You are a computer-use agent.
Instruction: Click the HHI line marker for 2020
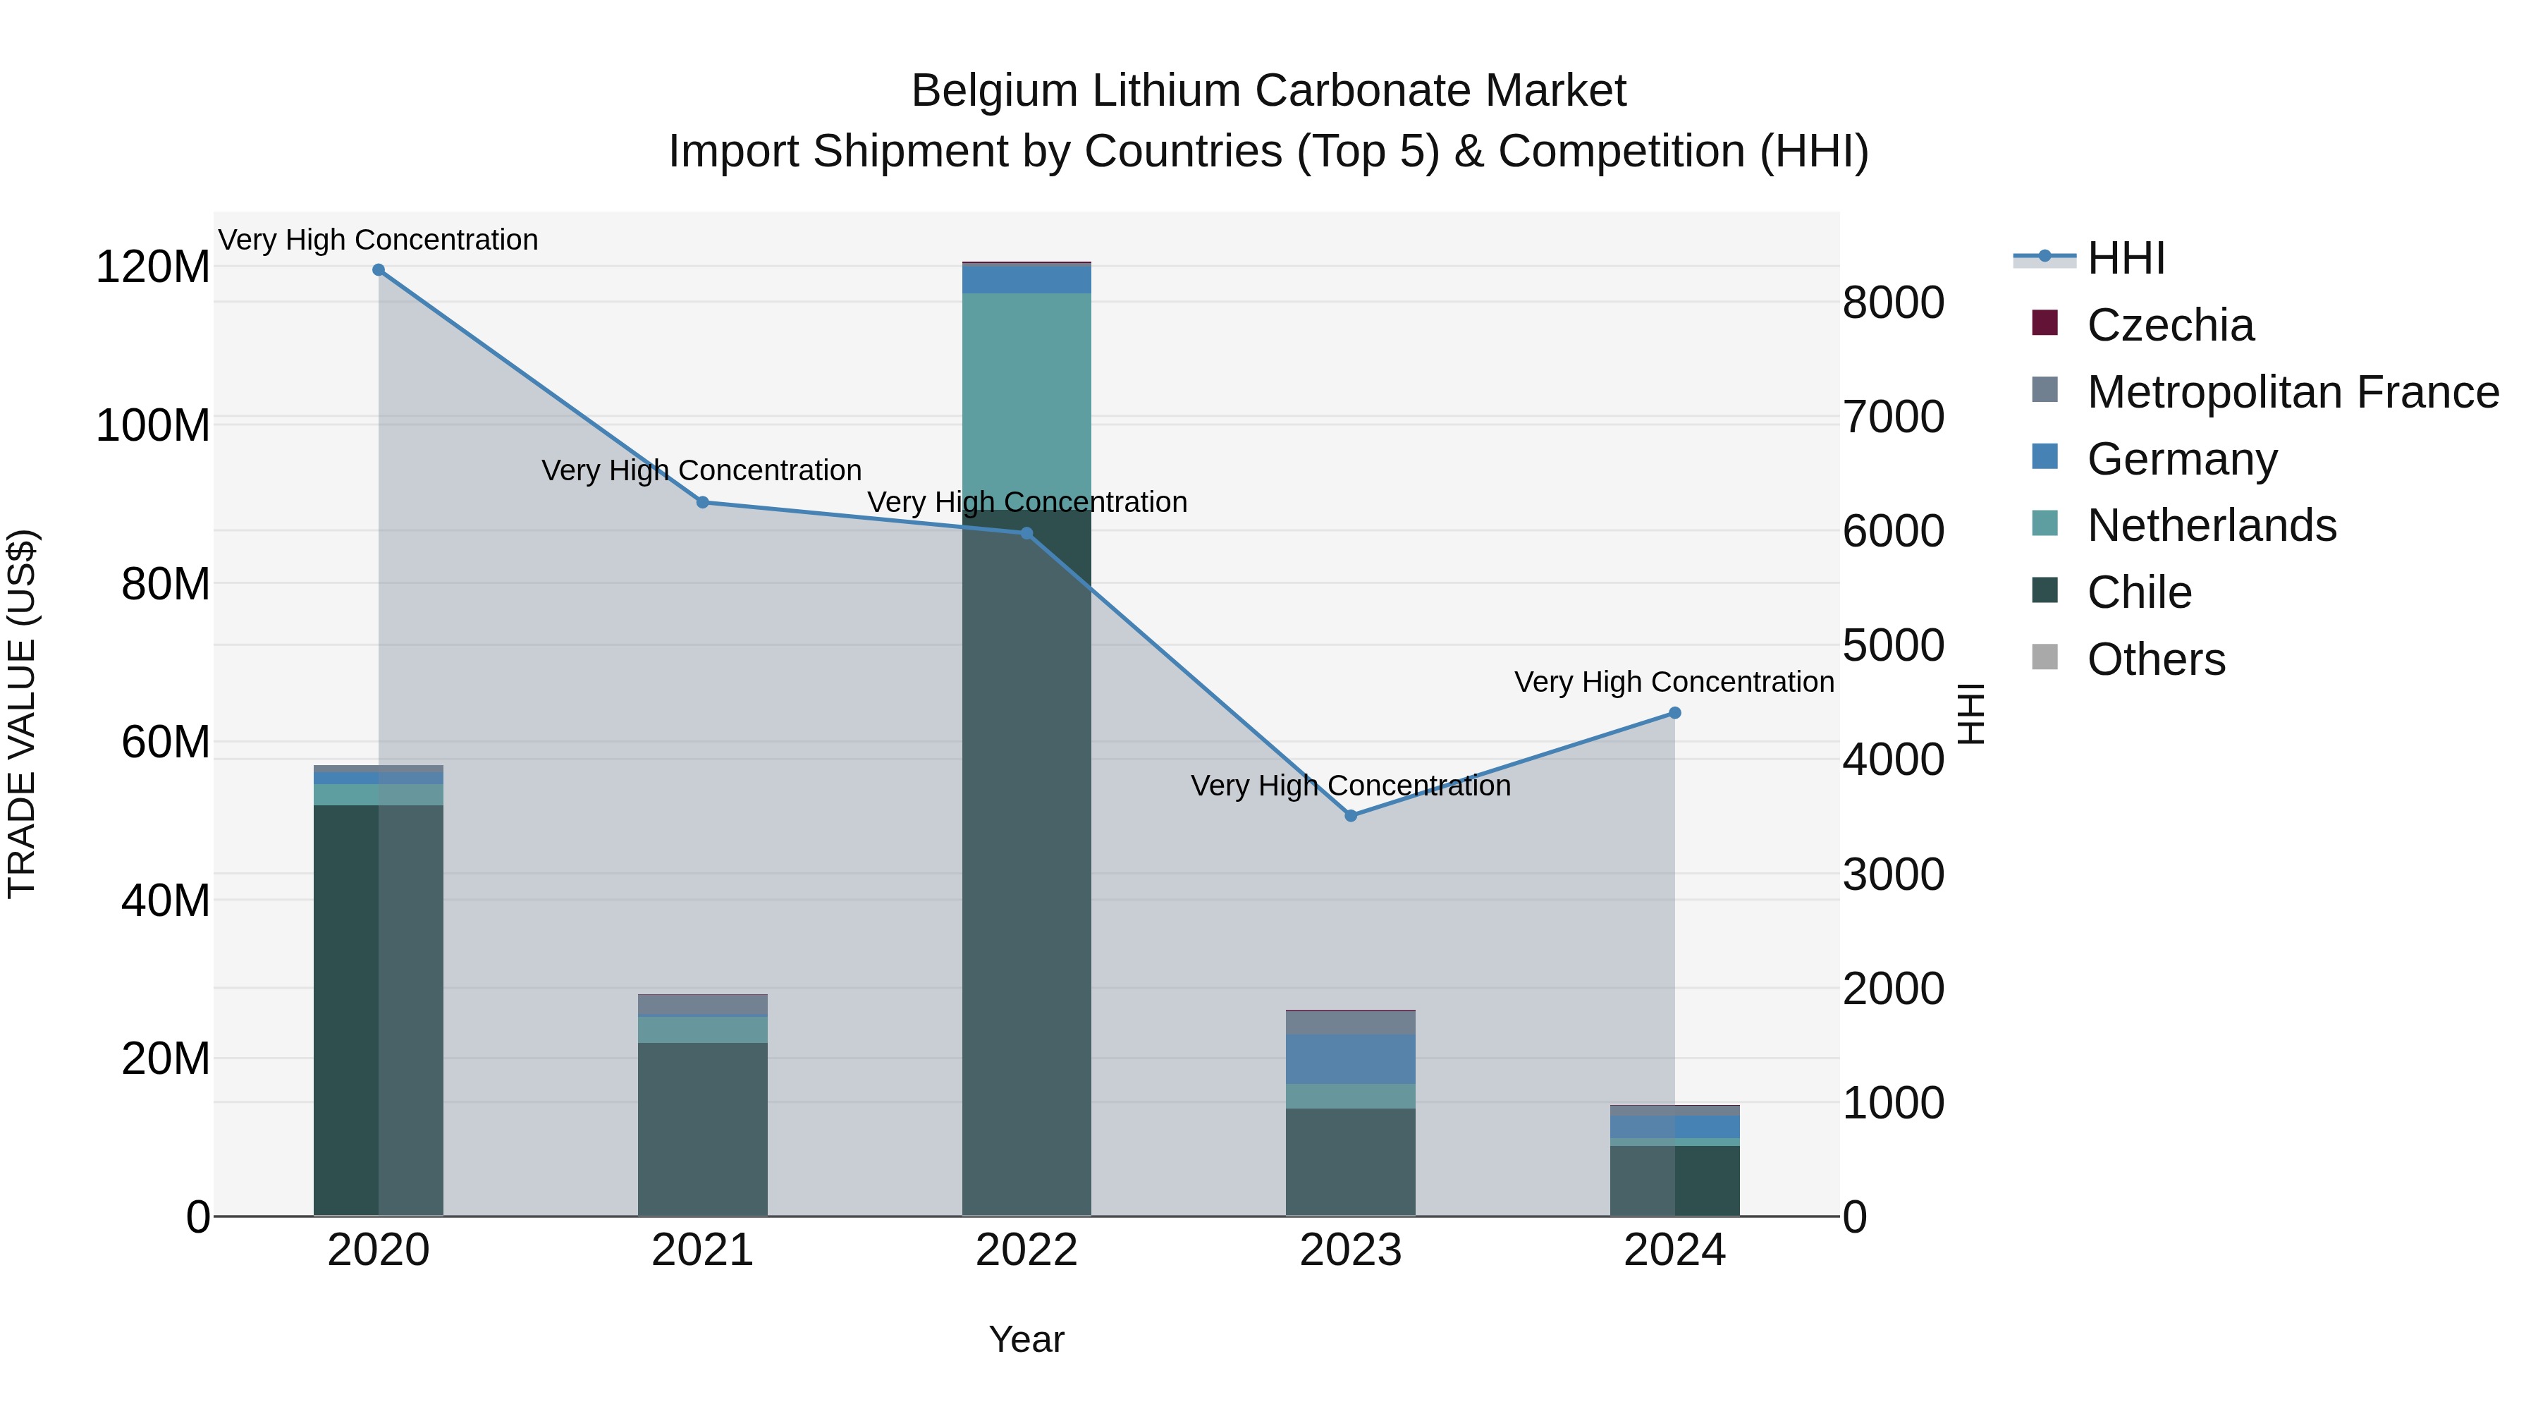(x=379, y=270)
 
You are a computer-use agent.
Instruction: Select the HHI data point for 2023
(x=1351, y=816)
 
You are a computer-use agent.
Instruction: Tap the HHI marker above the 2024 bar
(x=1675, y=714)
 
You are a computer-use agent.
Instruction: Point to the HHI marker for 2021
(x=702, y=503)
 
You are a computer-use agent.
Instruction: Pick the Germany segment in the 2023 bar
(x=1351, y=1059)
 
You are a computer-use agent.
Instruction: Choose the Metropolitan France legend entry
(x=2292, y=392)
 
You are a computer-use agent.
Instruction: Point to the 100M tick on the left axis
(x=153, y=426)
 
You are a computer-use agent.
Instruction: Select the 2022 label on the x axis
(x=1026, y=1250)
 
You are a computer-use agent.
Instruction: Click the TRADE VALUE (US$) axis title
(x=22, y=714)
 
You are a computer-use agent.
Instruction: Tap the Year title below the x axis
(x=1026, y=1339)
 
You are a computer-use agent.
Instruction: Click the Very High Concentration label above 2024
(x=1673, y=682)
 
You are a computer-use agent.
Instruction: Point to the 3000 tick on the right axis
(x=1893, y=874)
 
